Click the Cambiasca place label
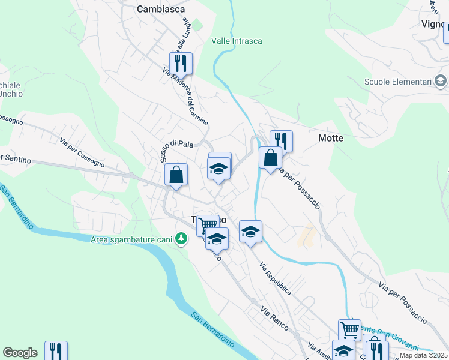(160, 9)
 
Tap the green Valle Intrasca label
(237, 41)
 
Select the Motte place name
(330, 138)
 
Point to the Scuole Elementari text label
(398, 82)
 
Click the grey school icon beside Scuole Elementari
(440, 81)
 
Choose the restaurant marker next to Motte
(281, 141)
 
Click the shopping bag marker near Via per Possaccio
(271, 158)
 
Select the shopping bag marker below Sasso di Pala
(176, 175)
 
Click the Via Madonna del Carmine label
(185, 96)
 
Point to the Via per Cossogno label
(82, 152)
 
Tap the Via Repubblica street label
(276, 279)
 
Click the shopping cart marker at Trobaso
(208, 226)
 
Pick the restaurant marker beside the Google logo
(56, 351)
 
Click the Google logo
(20, 353)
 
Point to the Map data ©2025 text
(423, 355)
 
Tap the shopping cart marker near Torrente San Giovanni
(349, 329)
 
